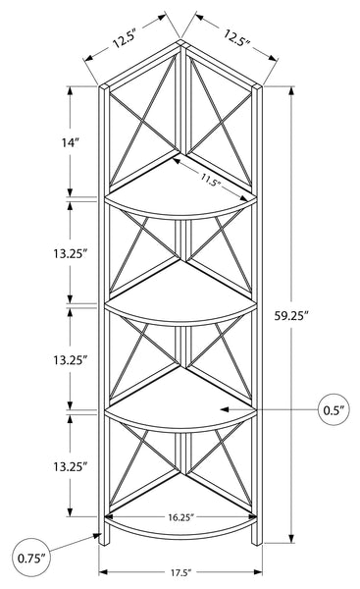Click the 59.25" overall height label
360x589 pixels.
291,316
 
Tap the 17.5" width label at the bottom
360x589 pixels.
180,573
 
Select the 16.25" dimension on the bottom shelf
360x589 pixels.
180,517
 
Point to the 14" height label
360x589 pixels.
71,142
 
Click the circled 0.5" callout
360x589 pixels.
334,409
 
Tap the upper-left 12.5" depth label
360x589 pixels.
124,37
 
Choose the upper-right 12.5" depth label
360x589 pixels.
237,37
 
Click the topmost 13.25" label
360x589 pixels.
71,254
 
